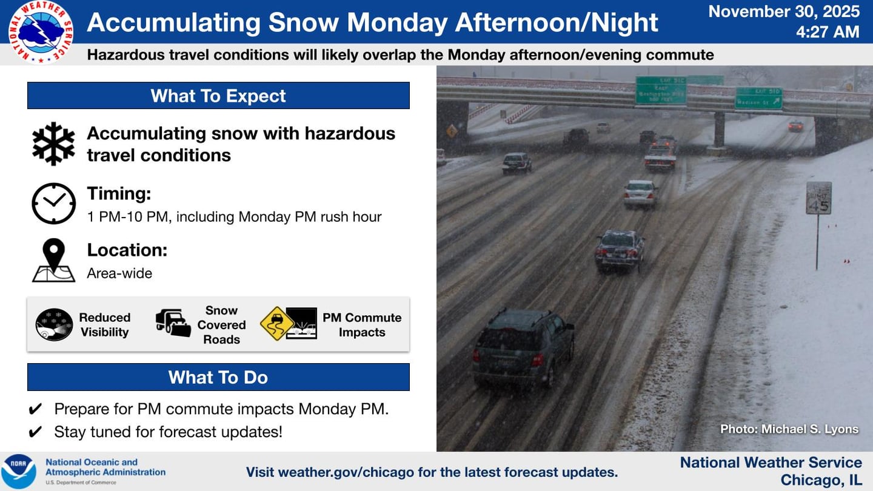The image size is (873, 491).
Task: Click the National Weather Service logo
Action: [41, 32]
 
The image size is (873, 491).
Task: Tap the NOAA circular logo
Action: [18, 472]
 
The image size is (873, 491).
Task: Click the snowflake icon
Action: [53, 144]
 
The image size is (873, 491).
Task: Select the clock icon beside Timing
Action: [53, 204]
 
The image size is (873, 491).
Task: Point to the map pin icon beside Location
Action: [53, 260]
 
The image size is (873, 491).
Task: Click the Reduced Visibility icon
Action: [54, 325]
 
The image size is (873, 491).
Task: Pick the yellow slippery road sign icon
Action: [277, 324]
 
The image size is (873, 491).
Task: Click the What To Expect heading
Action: [218, 96]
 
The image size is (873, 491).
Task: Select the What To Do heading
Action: [218, 377]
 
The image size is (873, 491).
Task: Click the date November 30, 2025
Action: [784, 12]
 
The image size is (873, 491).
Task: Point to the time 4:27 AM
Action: [828, 32]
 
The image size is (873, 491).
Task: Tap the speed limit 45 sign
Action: [818, 198]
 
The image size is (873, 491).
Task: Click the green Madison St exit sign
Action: [758, 98]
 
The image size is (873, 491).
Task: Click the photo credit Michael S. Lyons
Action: [789, 429]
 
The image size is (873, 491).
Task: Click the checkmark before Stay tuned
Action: [36, 432]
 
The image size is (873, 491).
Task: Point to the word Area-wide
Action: [119, 273]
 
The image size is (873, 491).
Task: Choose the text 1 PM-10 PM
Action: [127, 217]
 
